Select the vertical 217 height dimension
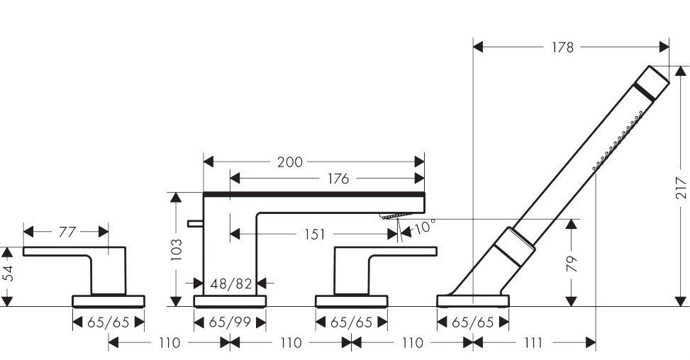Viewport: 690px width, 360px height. [x=681, y=186]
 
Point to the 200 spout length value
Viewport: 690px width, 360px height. [x=289, y=162]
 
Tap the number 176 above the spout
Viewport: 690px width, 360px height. [x=338, y=179]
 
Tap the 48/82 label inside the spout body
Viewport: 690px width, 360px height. [x=231, y=284]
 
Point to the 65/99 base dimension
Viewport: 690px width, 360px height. [x=230, y=322]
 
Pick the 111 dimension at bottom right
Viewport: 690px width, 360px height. [x=534, y=343]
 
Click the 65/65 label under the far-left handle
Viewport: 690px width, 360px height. [x=108, y=322]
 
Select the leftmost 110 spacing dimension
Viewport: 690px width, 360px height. [x=168, y=343]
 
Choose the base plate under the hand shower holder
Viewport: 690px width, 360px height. [x=473, y=301]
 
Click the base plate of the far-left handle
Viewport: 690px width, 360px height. [x=108, y=301]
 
